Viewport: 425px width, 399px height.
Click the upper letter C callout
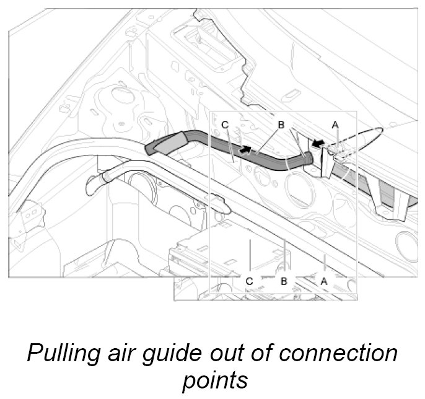225,125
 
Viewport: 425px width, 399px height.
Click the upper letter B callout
281,125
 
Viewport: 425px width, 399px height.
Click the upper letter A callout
335,125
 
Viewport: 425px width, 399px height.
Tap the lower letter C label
249,281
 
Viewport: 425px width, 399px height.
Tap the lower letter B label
284,281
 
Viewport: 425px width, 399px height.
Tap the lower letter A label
323,281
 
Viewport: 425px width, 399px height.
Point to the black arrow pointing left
318,144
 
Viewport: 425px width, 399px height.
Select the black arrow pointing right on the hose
246,149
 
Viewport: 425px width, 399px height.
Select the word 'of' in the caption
266,354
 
